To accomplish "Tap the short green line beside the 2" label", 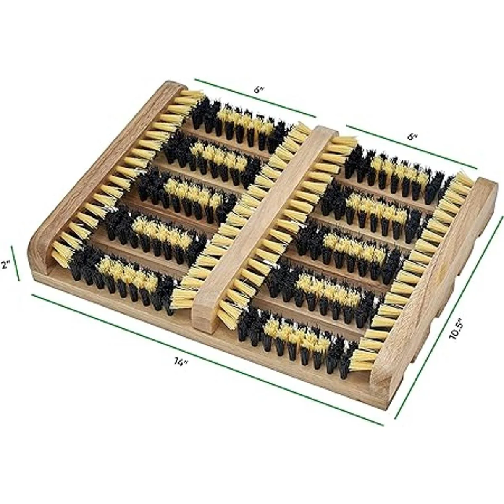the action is (x=15, y=262).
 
